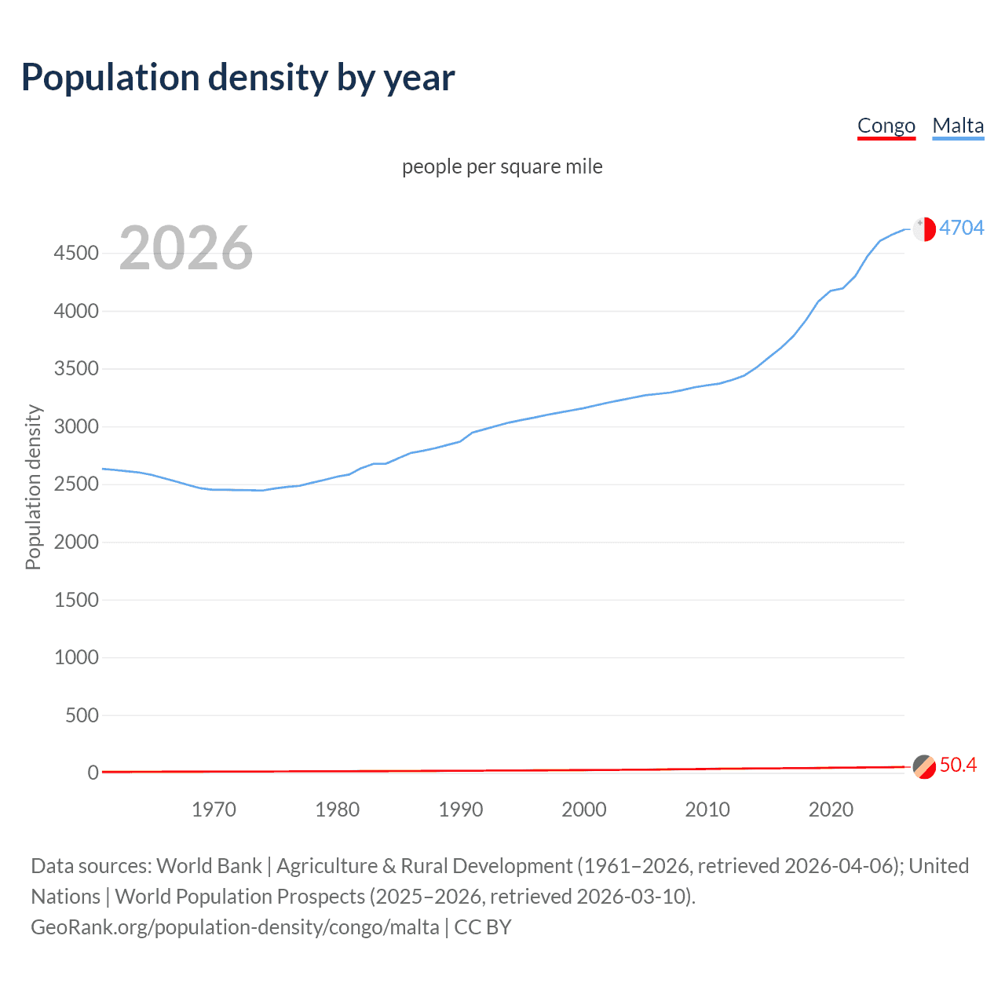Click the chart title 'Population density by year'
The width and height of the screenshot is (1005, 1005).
[x=238, y=77]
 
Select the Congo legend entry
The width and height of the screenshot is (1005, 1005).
[x=886, y=126]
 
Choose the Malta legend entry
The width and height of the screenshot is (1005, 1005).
[x=958, y=126]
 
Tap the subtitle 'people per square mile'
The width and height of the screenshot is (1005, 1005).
[x=502, y=166]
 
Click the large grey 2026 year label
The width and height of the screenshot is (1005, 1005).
[x=186, y=248]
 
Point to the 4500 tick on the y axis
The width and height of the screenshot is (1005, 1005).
[x=76, y=253]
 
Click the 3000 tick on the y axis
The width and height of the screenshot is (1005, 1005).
[x=76, y=426]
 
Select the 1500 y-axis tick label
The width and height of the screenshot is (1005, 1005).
[x=76, y=600]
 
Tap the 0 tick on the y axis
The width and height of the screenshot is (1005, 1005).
[x=93, y=773]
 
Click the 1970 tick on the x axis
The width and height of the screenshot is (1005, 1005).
[x=214, y=809]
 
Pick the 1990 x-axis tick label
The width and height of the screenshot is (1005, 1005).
[x=461, y=809]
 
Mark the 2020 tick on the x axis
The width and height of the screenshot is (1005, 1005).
[x=831, y=809]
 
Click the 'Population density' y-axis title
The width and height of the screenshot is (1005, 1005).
[x=33, y=487]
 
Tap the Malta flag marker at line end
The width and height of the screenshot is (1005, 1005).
[x=924, y=228]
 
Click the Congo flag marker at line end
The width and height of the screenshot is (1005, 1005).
[x=924, y=766]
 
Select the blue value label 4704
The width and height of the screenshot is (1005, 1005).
[x=961, y=228]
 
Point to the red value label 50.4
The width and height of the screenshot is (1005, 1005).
[x=958, y=765]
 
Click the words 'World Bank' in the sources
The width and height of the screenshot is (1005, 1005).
[x=209, y=865]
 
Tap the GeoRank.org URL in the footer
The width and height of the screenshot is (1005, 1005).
[x=235, y=926]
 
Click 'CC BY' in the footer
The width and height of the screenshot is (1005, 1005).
[x=483, y=926]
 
